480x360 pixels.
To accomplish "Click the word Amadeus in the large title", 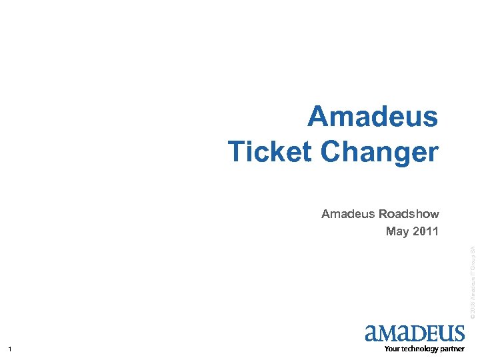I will [x=373, y=118].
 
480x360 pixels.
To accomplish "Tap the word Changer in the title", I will [x=379, y=151].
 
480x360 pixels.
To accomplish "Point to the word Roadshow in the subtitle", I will [x=409, y=214].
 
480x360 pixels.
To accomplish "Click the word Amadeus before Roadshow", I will [x=348, y=214].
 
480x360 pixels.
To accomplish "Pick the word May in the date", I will [x=397, y=232].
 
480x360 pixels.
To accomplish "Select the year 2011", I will [x=425, y=232].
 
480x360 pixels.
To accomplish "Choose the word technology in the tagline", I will [x=419, y=349].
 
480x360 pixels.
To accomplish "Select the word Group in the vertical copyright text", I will [x=471, y=261].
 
